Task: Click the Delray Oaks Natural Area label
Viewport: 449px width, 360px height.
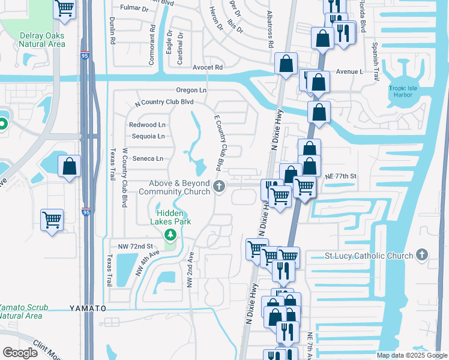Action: click(x=43, y=40)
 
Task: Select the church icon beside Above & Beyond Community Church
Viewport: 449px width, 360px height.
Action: click(x=219, y=187)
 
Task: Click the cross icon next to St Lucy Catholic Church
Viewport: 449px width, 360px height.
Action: click(x=423, y=256)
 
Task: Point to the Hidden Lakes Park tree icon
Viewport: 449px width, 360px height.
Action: click(x=170, y=234)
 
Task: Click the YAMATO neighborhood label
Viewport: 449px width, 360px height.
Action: click(x=88, y=308)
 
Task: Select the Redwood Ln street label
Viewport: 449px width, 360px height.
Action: click(x=147, y=124)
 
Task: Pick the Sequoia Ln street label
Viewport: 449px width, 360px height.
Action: click(x=148, y=136)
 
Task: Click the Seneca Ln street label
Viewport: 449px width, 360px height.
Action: click(x=148, y=158)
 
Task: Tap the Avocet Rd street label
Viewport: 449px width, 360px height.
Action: click(x=208, y=67)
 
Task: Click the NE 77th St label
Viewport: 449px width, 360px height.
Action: click(x=341, y=176)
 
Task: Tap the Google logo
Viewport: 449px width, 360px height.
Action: click(x=20, y=353)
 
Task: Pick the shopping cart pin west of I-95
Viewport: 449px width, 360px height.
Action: click(x=52, y=220)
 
